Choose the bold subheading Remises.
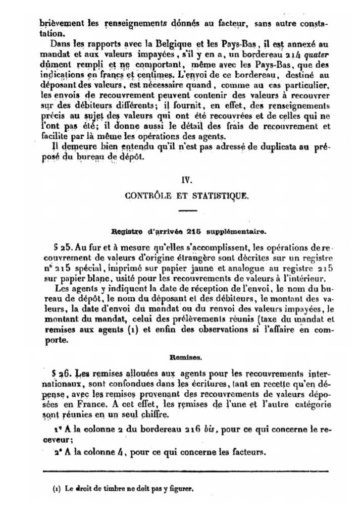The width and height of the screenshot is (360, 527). click(186, 357)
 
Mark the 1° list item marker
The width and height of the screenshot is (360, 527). click(57, 429)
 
